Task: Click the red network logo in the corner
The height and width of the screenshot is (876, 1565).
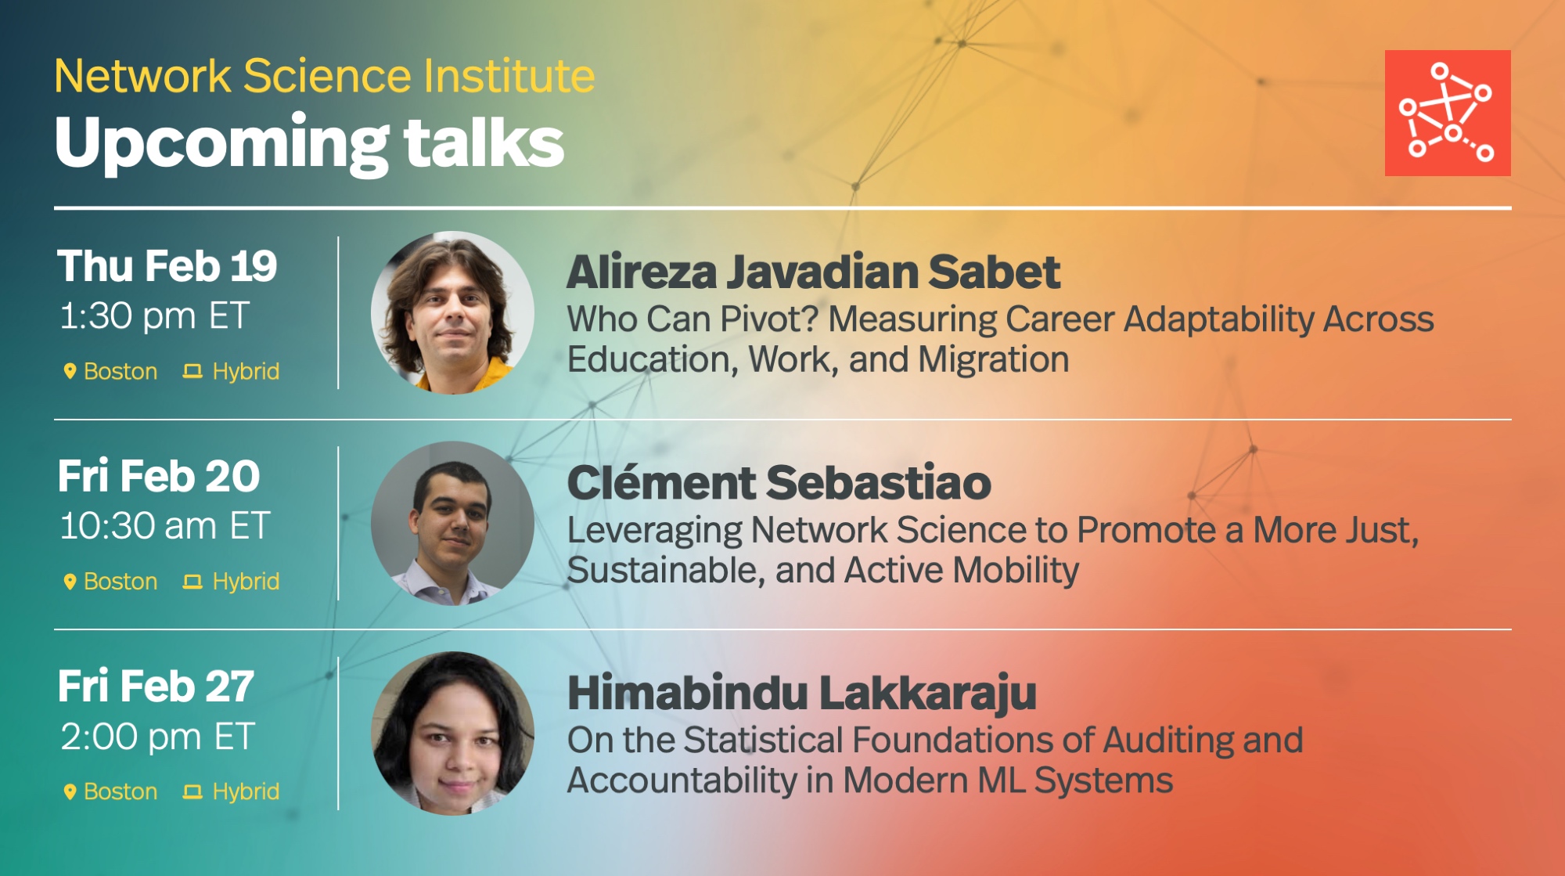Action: click(1448, 113)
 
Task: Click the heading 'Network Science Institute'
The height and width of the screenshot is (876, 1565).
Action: click(325, 76)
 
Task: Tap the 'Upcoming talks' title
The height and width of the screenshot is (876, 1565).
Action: click(310, 142)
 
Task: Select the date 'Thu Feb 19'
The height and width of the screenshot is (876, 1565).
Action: click(167, 266)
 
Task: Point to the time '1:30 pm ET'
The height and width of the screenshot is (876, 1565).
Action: click(155, 316)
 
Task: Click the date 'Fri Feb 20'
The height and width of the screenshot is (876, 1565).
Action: click(159, 476)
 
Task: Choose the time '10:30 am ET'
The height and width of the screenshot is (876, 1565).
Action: click(166, 526)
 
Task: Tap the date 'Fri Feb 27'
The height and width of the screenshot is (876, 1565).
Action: click(156, 687)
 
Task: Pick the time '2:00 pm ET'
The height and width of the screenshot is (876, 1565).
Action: click(158, 737)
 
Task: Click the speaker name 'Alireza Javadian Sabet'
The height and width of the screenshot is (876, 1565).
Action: click(814, 272)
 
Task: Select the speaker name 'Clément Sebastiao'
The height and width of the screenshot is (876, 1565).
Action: click(779, 482)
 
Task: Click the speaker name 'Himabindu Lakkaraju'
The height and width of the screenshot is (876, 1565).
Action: click(802, 694)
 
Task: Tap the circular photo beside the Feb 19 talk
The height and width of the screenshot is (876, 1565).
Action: click(452, 312)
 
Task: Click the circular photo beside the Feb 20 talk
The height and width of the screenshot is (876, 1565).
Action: click(452, 523)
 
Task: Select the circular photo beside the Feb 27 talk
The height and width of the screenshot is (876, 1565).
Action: click(452, 734)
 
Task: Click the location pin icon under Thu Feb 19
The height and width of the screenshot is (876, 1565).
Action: click(70, 371)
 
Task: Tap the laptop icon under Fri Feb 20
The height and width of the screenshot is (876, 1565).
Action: click(192, 582)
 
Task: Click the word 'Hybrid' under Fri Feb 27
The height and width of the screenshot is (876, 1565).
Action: click(246, 791)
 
